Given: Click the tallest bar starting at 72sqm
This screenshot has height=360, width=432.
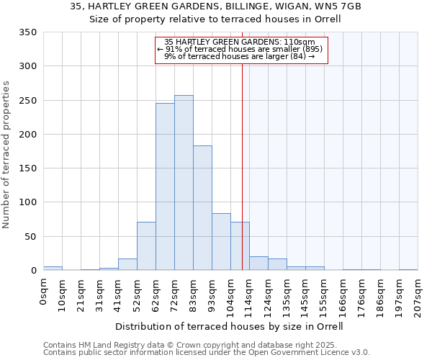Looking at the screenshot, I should [184, 183].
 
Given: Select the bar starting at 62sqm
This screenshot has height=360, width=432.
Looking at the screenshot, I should [165, 186].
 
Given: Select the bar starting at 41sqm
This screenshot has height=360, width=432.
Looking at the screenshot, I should [127, 264].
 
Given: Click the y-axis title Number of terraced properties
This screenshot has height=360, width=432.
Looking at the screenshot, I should [6, 155].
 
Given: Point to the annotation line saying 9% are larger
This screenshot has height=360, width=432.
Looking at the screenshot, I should [239, 56].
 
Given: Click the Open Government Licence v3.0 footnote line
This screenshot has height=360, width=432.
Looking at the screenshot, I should [207, 353].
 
